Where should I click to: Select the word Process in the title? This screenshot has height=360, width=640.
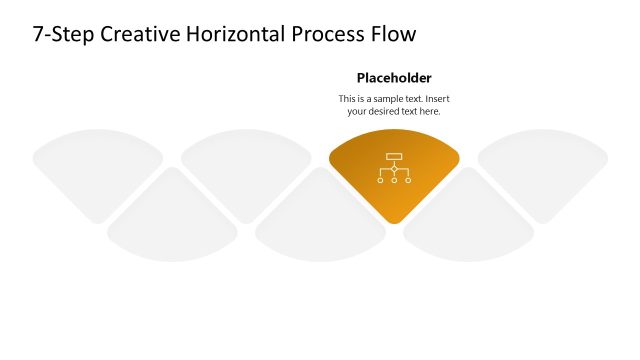(328, 34)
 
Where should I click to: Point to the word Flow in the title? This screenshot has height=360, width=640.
(393, 34)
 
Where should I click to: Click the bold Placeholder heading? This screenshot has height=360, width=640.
(394, 78)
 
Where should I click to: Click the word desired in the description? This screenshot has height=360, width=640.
(387, 112)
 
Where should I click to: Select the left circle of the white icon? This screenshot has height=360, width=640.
(381, 180)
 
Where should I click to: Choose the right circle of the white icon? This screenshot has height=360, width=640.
(407, 180)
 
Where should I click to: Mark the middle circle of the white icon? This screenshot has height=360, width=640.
(394, 180)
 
